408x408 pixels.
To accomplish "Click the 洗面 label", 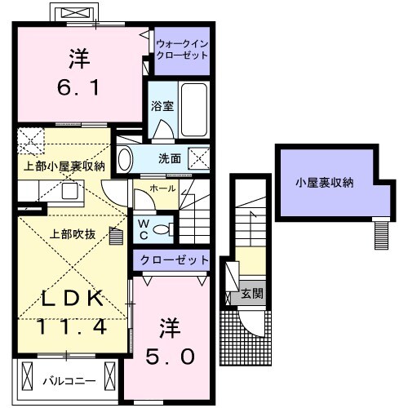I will pyautogui.click(x=170, y=158).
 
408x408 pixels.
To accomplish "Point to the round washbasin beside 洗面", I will pyautogui.click(x=125, y=159).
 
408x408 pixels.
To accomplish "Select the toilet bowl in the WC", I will pyautogui.click(x=162, y=229).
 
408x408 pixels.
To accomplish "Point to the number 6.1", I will pyautogui.click(x=80, y=85).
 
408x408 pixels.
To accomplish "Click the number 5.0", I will pyautogui.click(x=171, y=357).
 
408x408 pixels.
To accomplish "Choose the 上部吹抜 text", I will pyautogui.click(x=73, y=234).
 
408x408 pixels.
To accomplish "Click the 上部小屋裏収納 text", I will pyautogui.click(x=64, y=166).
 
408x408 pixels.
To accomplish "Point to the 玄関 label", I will pyautogui.click(x=252, y=294).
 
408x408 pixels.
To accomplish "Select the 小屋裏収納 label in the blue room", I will pyautogui.click(x=324, y=183).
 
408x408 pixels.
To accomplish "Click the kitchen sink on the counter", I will pyautogui.click(x=69, y=190).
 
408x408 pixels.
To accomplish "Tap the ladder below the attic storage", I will pyautogui.click(x=380, y=235).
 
